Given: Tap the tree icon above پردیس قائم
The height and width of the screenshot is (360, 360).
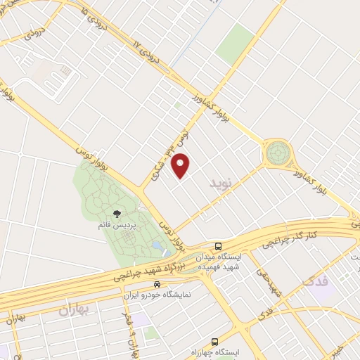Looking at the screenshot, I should click(x=117, y=214).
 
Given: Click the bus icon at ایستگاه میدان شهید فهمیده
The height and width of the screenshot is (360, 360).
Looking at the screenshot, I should click(x=219, y=247).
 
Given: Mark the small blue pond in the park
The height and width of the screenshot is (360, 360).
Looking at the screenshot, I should click(x=156, y=245).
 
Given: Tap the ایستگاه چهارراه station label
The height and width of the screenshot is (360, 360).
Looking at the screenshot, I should click(x=216, y=351).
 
